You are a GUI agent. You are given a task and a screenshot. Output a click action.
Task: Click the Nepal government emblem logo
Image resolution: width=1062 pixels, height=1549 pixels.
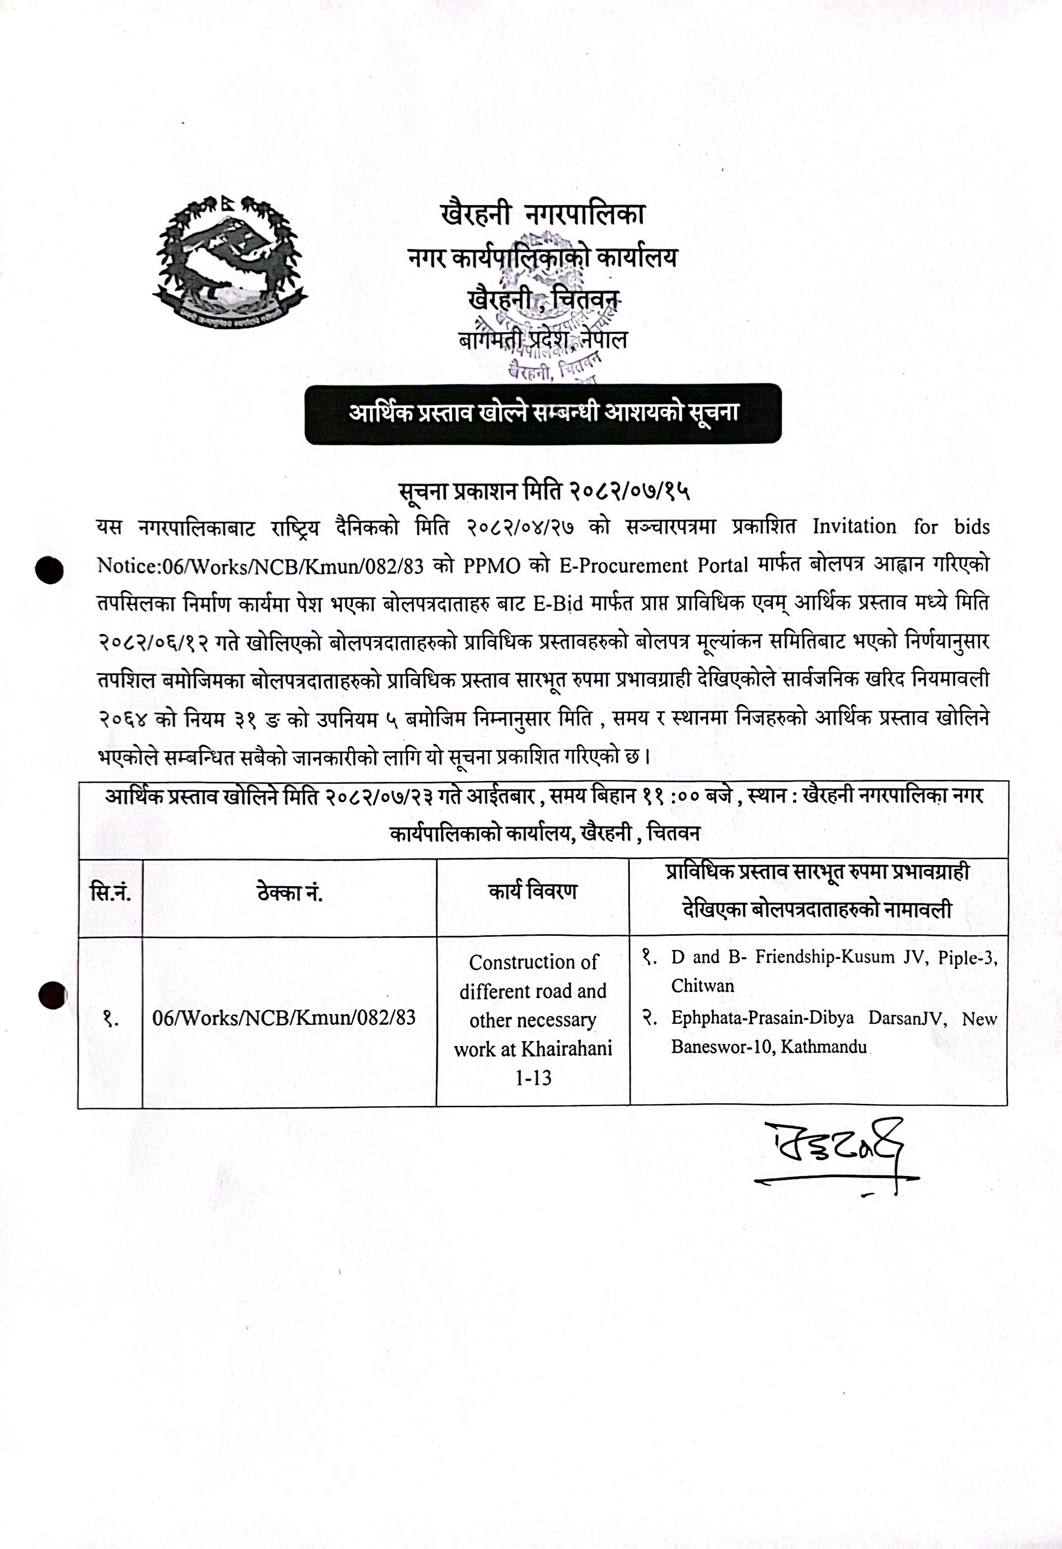point(229,262)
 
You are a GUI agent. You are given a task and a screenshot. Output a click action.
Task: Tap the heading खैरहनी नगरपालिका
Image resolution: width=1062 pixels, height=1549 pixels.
point(542,215)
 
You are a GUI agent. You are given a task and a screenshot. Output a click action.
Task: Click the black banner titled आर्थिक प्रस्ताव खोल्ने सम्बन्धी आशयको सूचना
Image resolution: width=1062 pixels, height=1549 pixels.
point(543,413)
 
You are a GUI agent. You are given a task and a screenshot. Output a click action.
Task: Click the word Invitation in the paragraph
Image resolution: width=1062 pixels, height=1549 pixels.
point(854,527)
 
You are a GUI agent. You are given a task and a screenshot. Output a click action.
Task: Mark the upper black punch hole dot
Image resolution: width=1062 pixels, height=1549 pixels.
point(50,571)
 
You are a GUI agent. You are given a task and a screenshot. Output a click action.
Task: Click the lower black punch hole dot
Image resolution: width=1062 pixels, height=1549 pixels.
point(52,997)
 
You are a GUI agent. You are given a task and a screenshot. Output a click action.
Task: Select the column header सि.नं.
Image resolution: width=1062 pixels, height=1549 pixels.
point(111,893)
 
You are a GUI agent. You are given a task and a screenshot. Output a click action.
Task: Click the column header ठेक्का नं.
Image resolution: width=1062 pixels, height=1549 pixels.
point(290,893)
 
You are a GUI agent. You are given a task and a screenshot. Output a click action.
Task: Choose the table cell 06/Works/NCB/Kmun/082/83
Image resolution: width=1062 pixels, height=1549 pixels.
point(284,1018)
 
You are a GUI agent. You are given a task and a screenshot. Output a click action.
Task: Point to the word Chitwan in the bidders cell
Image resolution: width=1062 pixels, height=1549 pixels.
point(702,986)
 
